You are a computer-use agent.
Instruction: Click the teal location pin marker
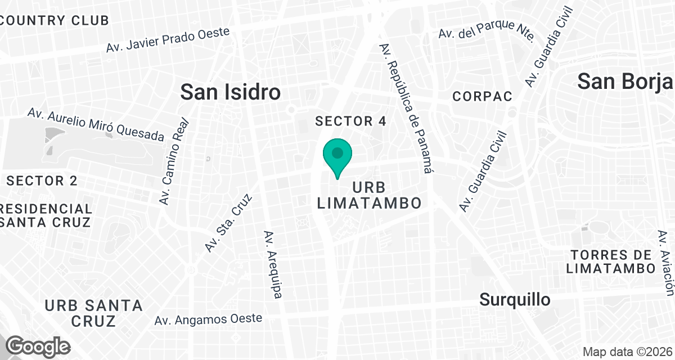tap(337, 156)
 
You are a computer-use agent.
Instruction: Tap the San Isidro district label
tap(230, 92)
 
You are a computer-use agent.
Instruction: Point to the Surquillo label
tap(515, 300)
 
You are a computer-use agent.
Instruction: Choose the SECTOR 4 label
tap(351, 121)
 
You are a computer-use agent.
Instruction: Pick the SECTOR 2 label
tap(42, 181)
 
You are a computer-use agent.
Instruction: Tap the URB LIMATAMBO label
tap(370, 195)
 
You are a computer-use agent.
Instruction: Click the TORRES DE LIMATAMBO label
tap(611, 262)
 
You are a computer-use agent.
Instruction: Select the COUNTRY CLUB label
tap(55, 21)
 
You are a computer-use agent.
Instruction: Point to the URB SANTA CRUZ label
tap(93, 313)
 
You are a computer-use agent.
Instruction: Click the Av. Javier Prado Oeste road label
tap(168, 40)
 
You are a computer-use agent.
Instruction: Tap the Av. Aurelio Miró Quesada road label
tap(96, 124)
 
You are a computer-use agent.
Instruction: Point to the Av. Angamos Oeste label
tap(208, 319)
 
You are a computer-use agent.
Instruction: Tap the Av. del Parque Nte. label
tap(486, 31)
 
